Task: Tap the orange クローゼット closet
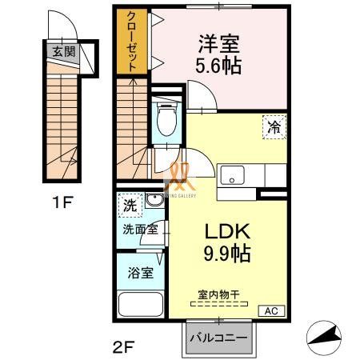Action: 132,42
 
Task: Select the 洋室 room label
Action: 217,42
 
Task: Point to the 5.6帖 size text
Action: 217,65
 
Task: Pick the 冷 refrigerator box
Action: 273,125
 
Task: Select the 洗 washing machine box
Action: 129,206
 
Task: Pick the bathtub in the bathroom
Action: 140,306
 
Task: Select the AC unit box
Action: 271,310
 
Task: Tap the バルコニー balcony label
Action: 218,338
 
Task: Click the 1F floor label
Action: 63,202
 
